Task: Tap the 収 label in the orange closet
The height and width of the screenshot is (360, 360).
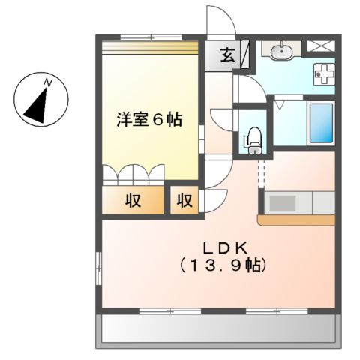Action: pos(134,201)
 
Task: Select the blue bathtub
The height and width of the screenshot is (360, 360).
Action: pos(322,123)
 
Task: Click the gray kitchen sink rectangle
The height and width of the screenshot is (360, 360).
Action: pos(283,203)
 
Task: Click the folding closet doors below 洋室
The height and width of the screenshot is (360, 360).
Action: pos(133,174)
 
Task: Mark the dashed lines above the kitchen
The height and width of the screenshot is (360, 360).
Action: pos(262,173)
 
